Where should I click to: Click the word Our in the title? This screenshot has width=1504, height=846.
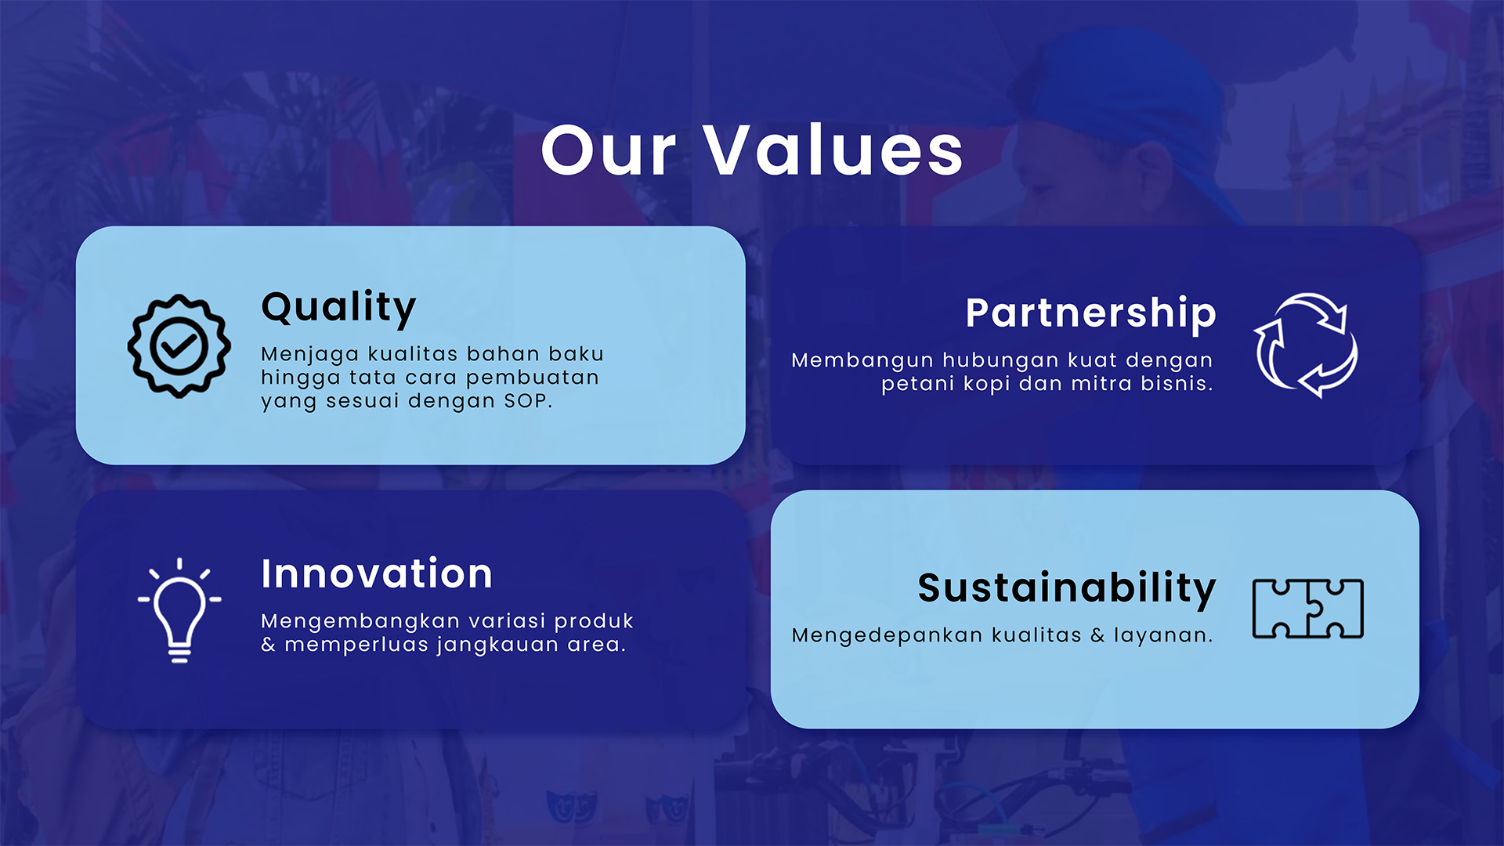click(x=608, y=150)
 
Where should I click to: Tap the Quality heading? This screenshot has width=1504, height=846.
click(x=338, y=308)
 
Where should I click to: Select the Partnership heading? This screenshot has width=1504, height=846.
click(x=1090, y=314)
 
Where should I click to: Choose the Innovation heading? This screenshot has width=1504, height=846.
click(x=377, y=573)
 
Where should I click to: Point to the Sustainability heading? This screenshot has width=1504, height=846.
click(x=1067, y=588)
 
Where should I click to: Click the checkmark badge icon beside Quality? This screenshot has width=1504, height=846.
click(x=179, y=345)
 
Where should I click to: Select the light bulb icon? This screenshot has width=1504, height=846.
click(x=179, y=610)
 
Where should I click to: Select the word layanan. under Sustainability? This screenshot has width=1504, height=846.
click(x=1163, y=635)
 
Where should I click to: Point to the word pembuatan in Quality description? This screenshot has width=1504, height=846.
click(x=533, y=378)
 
